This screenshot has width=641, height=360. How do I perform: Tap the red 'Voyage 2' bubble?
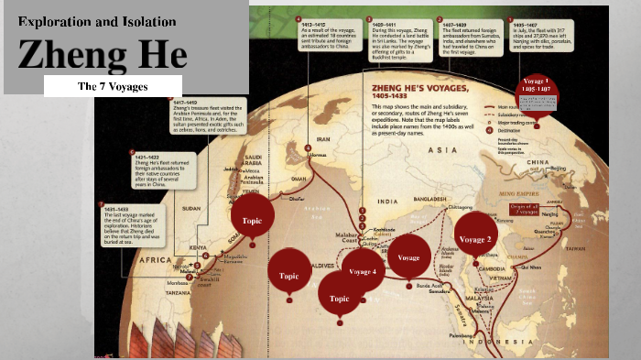[x=475, y=239]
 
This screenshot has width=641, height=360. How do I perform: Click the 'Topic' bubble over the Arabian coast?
[x=252, y=221]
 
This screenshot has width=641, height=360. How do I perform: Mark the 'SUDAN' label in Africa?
[x=191, y=207]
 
